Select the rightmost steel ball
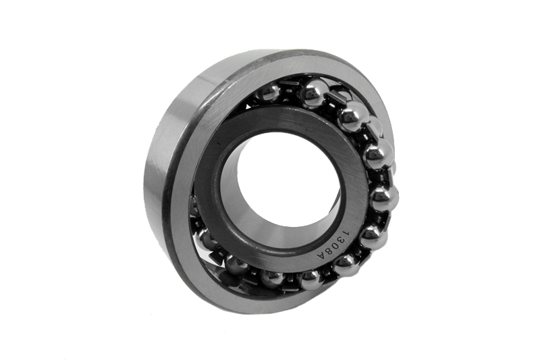[385, 199]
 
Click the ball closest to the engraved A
[346, 265]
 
